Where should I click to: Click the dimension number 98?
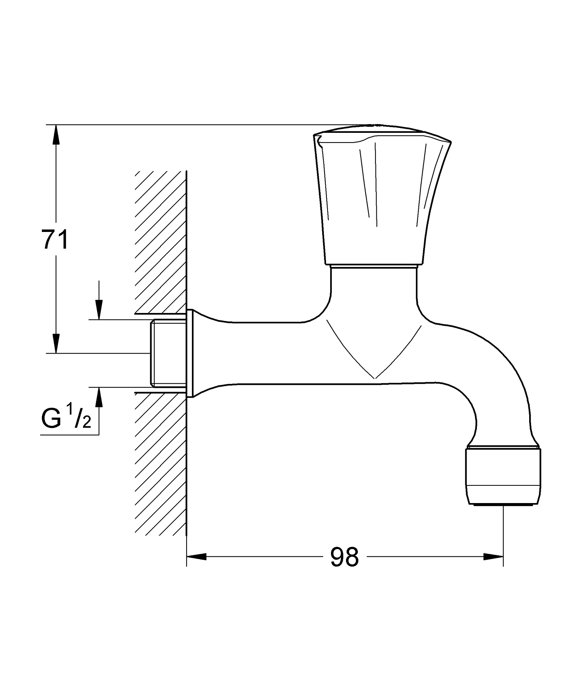344,557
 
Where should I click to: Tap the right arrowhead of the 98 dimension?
493,556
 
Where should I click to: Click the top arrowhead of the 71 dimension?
56,134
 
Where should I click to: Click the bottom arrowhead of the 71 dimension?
56,343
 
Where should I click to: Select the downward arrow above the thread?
99,309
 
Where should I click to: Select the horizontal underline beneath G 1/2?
69,434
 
